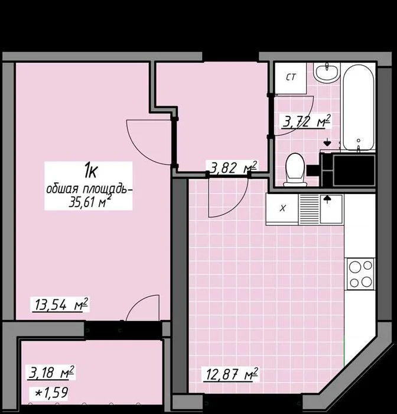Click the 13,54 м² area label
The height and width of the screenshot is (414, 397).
(61, 305)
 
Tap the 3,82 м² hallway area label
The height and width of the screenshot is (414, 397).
(233, 167)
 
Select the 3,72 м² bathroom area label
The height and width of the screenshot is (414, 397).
(306, 122)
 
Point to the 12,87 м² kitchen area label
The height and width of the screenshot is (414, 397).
(232, 374)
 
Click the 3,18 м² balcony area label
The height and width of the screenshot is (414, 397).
(51, 372)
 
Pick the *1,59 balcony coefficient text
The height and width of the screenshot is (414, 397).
(52, 393)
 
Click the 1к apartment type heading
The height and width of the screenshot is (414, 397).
(90, 171)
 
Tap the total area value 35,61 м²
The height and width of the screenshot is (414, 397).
(89, 202)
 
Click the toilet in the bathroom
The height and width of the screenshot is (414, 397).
(295, 170)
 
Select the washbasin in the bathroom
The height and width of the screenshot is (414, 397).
(327, 72)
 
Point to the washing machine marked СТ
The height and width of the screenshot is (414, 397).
(291, 77)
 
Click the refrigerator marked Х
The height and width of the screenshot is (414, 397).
(282, 209)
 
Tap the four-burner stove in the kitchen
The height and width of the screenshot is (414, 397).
(360, 274)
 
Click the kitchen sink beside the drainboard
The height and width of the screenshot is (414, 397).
(331, 209)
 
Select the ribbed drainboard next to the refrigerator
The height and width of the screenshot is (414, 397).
(309, 209)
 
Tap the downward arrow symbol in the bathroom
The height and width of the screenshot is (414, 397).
(327, 142)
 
